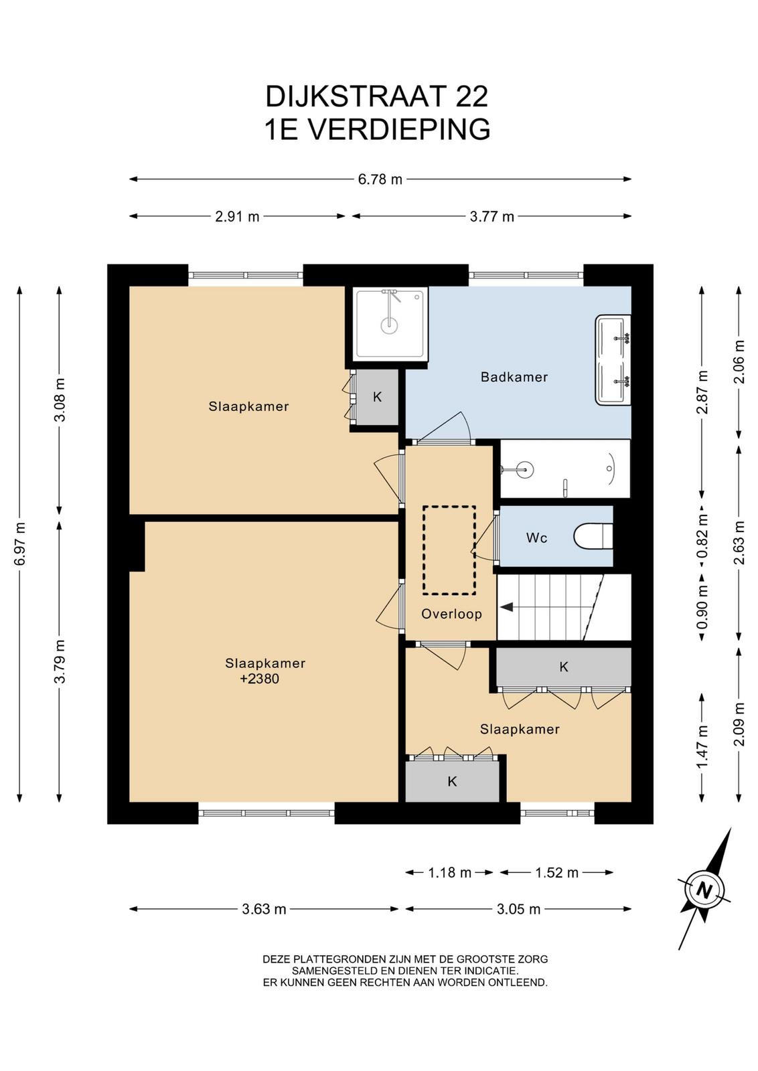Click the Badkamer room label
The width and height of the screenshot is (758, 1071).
(514, 378)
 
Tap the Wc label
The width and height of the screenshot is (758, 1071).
(536, 538)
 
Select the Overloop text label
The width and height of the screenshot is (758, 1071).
(451, 614)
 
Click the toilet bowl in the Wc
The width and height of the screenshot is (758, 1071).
(593, 537)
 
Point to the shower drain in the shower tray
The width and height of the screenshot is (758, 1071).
(389, 325)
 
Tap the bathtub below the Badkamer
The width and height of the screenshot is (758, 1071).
(564, 469)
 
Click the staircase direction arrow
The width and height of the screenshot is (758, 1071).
(506, 606)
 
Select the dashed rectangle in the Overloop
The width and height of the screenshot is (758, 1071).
(449, 550)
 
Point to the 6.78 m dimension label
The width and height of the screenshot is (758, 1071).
(380, 180)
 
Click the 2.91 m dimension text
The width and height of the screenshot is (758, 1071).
(237, 217)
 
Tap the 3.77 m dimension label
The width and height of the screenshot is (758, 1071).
(491, 217)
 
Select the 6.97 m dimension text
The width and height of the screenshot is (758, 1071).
(20, 544)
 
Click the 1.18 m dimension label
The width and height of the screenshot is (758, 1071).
(449, 873)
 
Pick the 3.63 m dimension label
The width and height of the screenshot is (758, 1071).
(264, 909)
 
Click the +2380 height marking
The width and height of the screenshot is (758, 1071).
(259, 679)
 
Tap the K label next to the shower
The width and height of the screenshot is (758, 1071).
(378, 397)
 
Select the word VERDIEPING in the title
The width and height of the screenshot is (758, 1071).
(398, 129)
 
